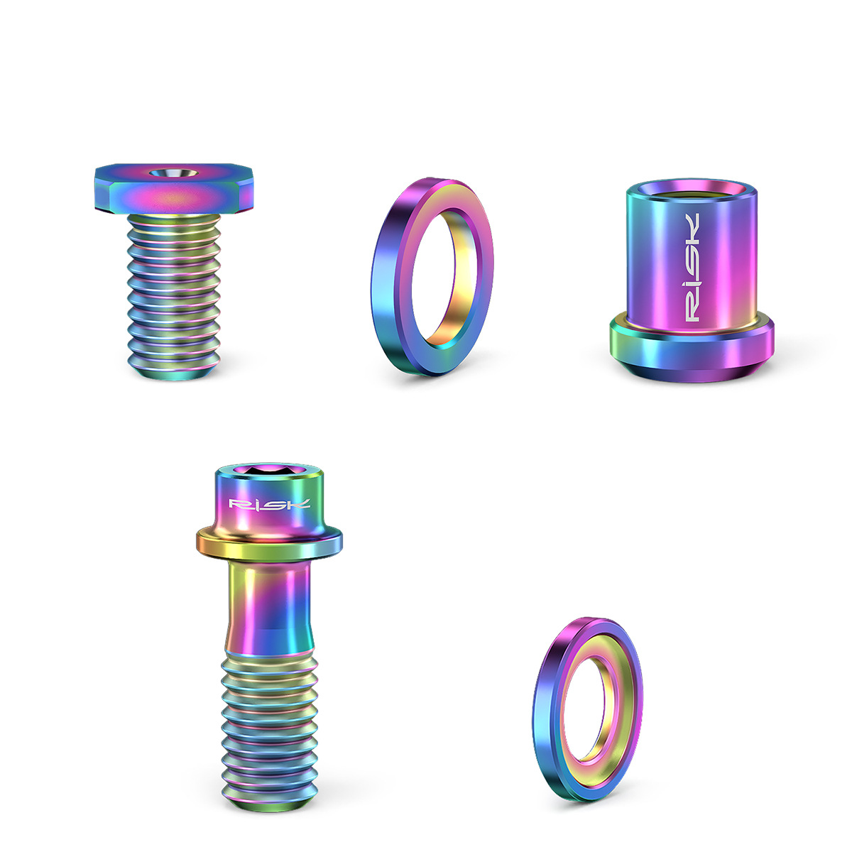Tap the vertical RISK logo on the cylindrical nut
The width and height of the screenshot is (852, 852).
click(691, 266)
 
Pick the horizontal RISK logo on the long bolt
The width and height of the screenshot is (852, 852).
click(269, 504)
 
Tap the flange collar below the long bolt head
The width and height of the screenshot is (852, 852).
click(269, 543)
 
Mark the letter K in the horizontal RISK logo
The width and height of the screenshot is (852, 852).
click(300, 504)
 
